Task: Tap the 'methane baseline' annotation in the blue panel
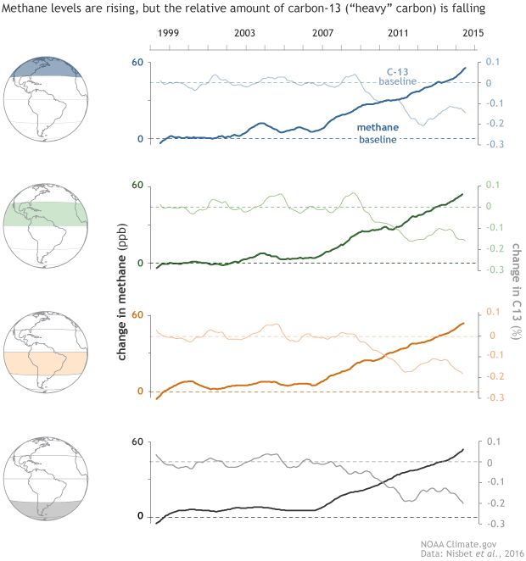[378, 133]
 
